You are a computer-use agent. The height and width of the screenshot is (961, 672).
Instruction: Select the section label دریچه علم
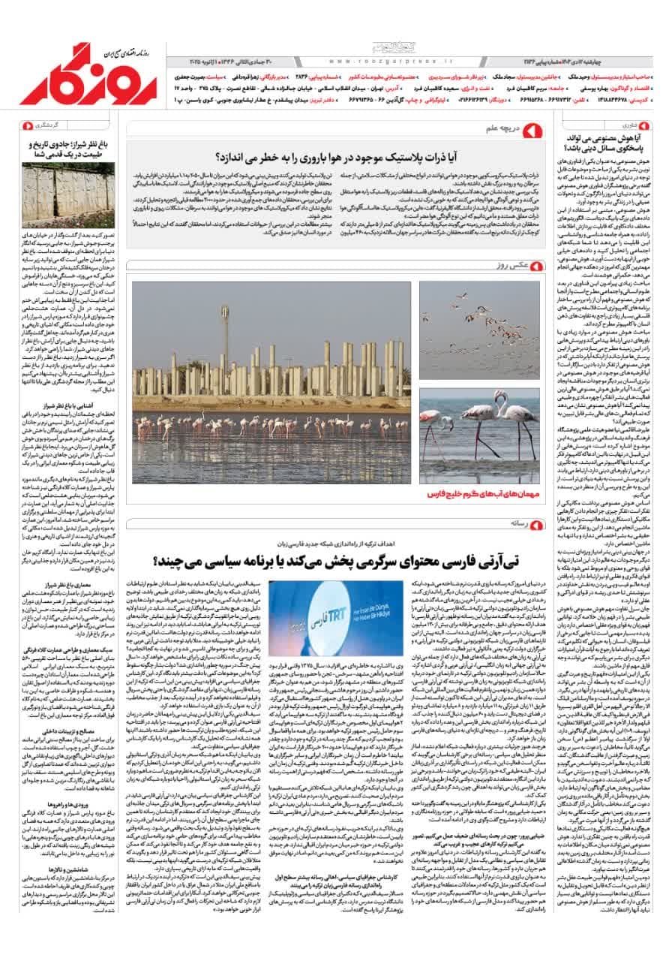point(502,129)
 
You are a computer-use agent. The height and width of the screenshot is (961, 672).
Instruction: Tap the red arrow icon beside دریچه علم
point(535,131)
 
